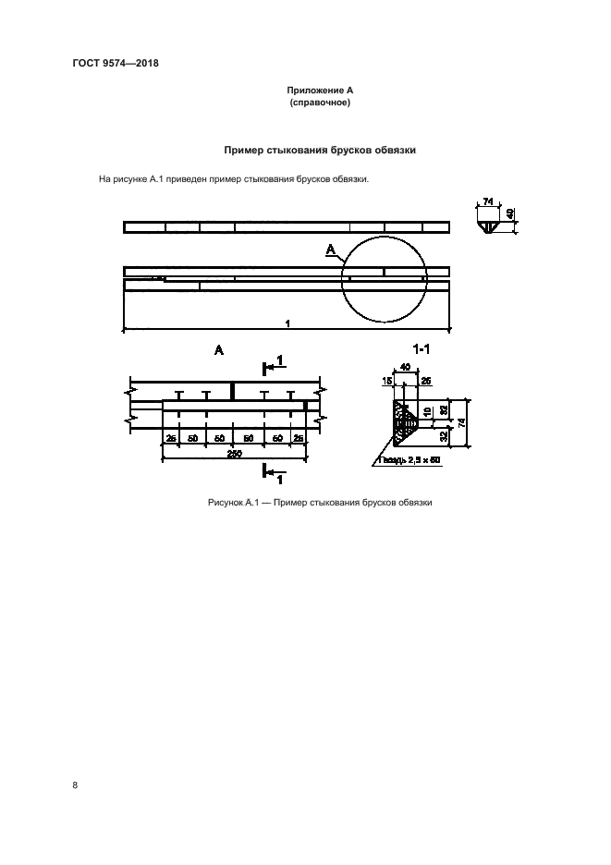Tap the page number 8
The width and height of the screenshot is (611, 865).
pyautogui.click(x=75, y=786)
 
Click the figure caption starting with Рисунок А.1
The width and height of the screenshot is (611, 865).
pyautogui.click(x=320, y=503)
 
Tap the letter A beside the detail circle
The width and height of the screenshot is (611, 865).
pyautogui.click(x=330, y=250)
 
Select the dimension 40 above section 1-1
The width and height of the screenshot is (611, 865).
pyautogui.click(x=407, y=367)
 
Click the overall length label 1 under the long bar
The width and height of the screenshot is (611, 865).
pyautogui.click(x=287, y=323)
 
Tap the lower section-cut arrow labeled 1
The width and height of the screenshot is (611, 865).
pyautogui.click(x=274, y=476)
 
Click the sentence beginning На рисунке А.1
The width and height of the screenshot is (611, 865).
pyautogui.click(x=234, y=179)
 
